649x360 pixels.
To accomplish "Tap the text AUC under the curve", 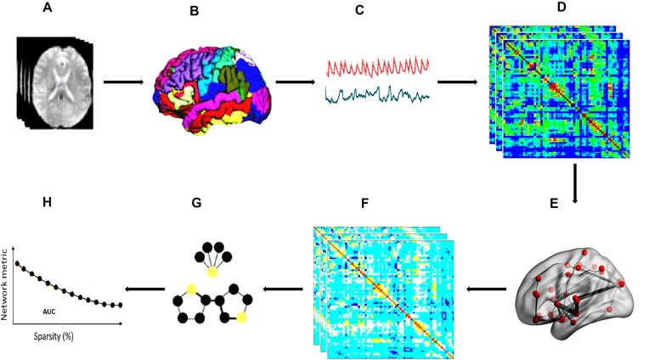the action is pyautogui.click(x=49, y=312).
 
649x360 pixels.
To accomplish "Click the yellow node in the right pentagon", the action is pyautogui.click(x=242, y=318).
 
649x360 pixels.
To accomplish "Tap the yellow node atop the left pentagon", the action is pyautogui.click(x=192, y=289).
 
